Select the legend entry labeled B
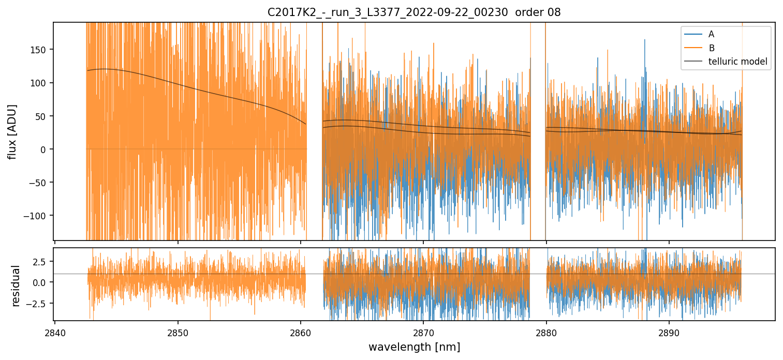click(711, 48)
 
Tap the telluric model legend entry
click(737, 62)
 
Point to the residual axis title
click(16, 286)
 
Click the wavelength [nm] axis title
click(414, 347)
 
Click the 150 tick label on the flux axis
click(40, 50)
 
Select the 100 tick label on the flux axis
click(40, 83)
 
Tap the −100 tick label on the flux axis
click(37, 216)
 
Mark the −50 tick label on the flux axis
click(39, 183)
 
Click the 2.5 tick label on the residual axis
click(43, 261)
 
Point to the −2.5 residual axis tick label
click(40, 303)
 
